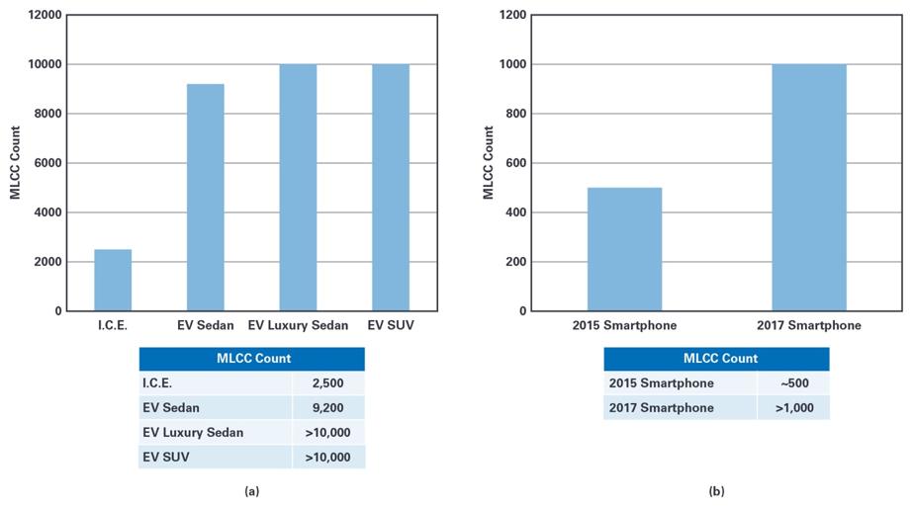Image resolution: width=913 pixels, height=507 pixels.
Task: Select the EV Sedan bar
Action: click(x=206, y=198)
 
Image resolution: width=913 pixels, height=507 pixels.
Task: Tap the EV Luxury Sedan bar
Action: click(x=298, y=188)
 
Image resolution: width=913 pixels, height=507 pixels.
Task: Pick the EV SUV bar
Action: click(x=391, y=188)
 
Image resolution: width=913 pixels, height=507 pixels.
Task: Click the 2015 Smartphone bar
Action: click(x=624, y=249)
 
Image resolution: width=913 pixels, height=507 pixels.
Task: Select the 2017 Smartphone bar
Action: click(x=809, y=188)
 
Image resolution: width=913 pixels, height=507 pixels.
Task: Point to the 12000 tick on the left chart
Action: click(x=44, y=15)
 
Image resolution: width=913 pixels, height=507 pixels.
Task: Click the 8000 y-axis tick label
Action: click(x=47, y=114)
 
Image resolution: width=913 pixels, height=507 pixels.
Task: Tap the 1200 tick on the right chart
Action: click(x=513, y=15)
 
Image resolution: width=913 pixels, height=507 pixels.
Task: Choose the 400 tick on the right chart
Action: click(x=516, y=212)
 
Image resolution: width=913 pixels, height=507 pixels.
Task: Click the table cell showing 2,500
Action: click(x=328, y=382)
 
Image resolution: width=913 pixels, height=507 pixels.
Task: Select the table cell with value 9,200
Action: click(x=328, y=407)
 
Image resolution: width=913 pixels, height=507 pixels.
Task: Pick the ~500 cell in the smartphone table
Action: click(x=793, y=382)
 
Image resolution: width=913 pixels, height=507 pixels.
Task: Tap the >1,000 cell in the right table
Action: click(x=793, y=407)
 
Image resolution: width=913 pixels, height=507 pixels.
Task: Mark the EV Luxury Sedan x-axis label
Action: click(x=298, y=325)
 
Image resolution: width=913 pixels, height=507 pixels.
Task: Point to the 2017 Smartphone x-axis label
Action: click(x=809, y=325)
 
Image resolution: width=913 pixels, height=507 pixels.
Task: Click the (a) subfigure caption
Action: click(x=251, y=489)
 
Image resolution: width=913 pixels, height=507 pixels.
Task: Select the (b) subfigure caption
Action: click(x=716, y=489)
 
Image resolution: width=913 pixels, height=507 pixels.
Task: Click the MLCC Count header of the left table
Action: click(x=251, y=358)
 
